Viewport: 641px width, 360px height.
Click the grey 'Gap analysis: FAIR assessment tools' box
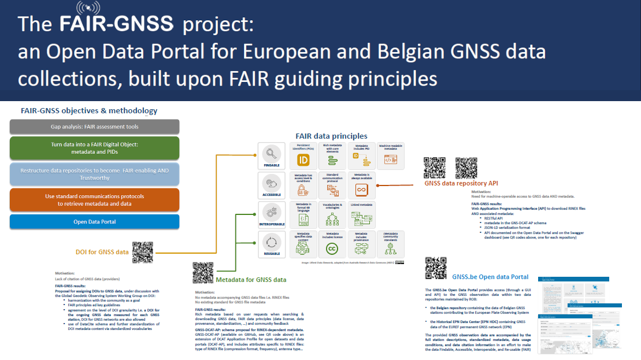coord(95,127)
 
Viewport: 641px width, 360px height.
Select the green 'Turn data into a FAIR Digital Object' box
coord(95,148)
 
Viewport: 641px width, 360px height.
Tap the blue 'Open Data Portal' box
coord(95,222)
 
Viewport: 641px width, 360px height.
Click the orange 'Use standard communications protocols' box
coord(95,200)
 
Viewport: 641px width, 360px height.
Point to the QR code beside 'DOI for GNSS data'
coord(142,251)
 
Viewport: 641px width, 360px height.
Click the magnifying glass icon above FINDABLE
coord(271,153)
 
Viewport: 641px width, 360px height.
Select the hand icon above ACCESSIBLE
coord(271,183)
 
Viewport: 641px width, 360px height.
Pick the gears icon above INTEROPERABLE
coord(271,211)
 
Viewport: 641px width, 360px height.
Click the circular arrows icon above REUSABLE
coord(271,242)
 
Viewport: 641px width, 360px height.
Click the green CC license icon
coord(332,248)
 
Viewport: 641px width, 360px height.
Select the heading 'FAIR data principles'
coord(331,136)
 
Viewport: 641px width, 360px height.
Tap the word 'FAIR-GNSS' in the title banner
coord(116,24)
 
